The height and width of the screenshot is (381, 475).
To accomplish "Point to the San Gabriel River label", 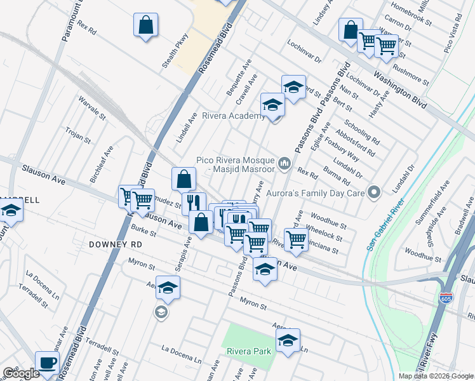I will click(384, 225).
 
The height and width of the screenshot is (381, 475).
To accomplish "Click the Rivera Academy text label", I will click(232, 116).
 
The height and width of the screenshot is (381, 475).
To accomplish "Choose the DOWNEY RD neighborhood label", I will click(116, 244).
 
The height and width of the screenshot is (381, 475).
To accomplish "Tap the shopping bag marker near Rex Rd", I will click(145, 25).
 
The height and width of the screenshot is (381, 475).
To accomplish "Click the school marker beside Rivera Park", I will click(288, 340).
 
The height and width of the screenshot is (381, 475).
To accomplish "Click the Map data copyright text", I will click(435, 376).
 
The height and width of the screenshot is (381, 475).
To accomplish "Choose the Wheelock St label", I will click(324, 233).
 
